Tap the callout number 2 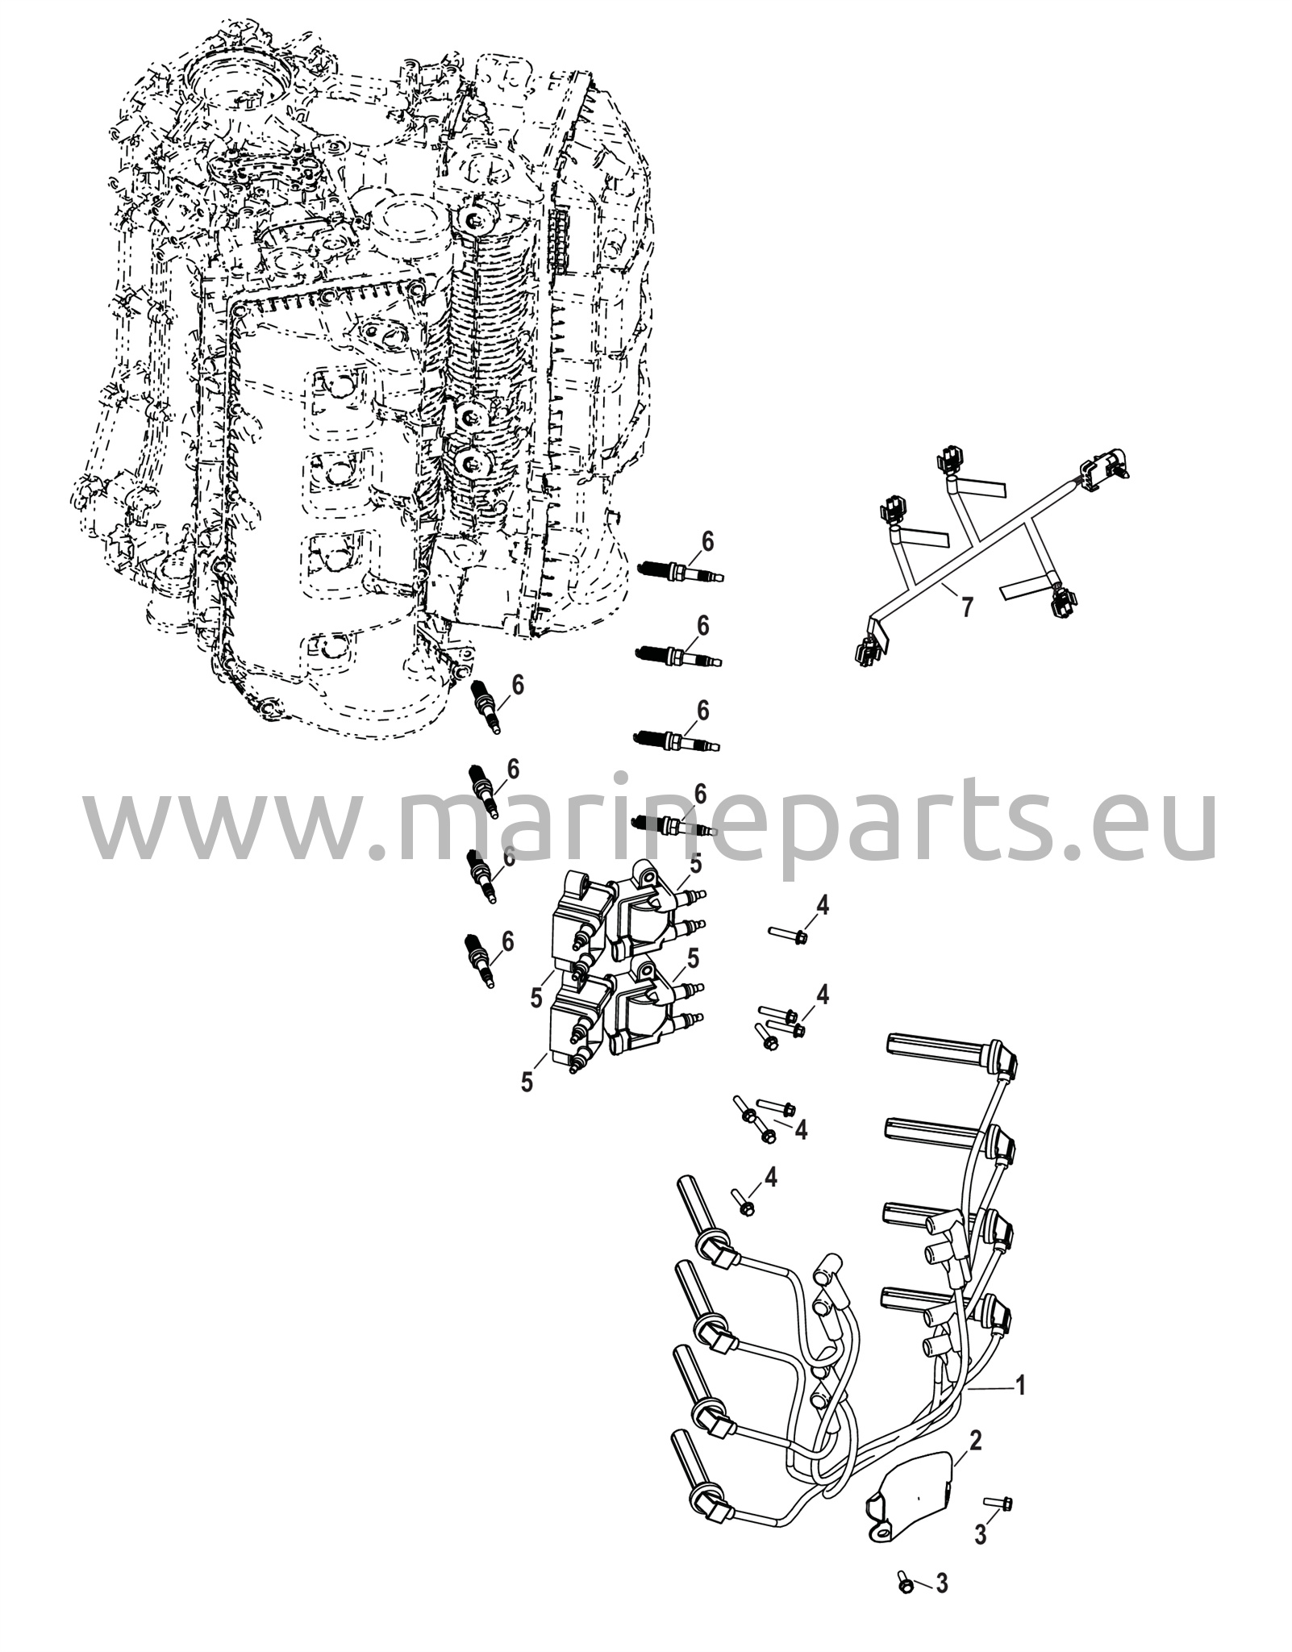[975, 1440]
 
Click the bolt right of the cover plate [999, 1502]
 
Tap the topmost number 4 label [822, 905]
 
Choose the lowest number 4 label [771, 1199]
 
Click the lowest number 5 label [527, 1082]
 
